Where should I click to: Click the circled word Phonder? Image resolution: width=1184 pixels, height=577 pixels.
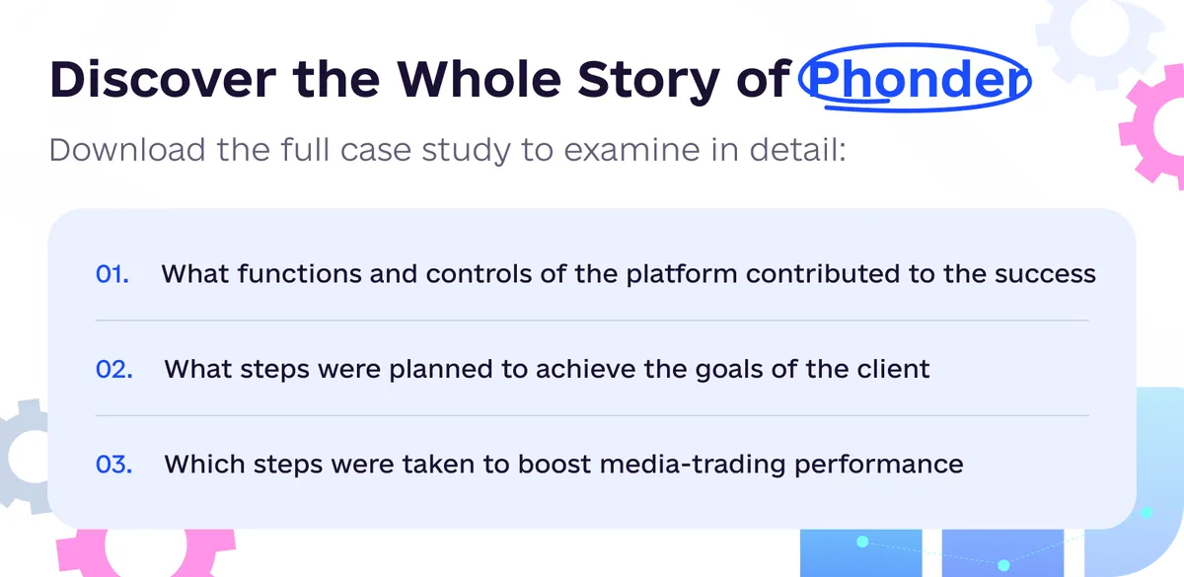pyautogui.click(x=915, y=79)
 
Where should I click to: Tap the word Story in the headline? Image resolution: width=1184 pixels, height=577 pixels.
pyautogui.click(x=648, y=81)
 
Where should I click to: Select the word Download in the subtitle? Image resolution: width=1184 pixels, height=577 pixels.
pyautogui.click(x=127, y=150)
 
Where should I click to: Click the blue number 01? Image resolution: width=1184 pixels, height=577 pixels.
pyautogui.click(x=112, y=274)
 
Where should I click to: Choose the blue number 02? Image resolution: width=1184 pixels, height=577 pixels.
pyautogui.click(x=114, y=369)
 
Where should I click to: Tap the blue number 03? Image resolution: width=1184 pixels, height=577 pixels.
pyautogui.click(x=114, y=465)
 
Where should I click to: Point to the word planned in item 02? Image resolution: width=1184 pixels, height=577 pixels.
pyautogui.click(x=441, y=370)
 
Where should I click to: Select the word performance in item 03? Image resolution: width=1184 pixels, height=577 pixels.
pyautogui.click(x=878, y=466)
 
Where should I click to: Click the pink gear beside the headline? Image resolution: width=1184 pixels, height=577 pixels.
pyautogui.click(x=1155, y=127)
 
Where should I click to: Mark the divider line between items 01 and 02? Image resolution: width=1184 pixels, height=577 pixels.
pyautogui.click(x=592, y=321)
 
